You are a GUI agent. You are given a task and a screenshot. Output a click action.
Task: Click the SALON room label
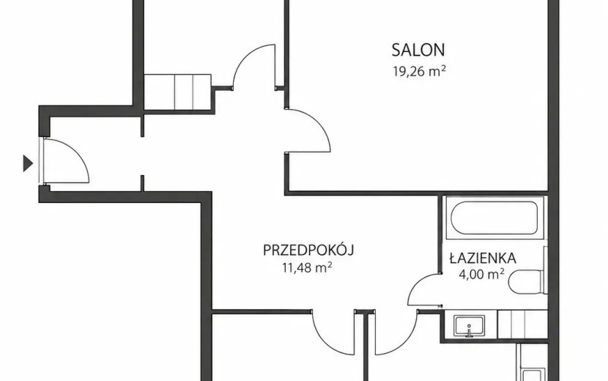click(418, 50)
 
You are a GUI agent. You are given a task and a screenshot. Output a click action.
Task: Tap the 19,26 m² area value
click(419, 71)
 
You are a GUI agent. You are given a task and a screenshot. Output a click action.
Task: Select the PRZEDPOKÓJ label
click(308, 251)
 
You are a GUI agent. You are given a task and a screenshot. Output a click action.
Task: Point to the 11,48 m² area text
click(307, 267)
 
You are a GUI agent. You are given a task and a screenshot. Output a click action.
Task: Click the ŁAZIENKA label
click(483, 258)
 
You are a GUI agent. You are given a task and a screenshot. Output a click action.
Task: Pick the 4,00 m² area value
click(481, 274)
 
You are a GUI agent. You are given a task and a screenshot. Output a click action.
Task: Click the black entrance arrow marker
click(28, 163)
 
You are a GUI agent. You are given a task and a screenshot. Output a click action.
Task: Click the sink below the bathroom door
click(469, 326)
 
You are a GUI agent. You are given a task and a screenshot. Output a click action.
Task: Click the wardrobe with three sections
click(177, 92)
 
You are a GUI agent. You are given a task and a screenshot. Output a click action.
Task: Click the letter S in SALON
click(396, 50)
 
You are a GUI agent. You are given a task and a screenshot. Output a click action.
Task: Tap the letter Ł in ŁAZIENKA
click(454, 258)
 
